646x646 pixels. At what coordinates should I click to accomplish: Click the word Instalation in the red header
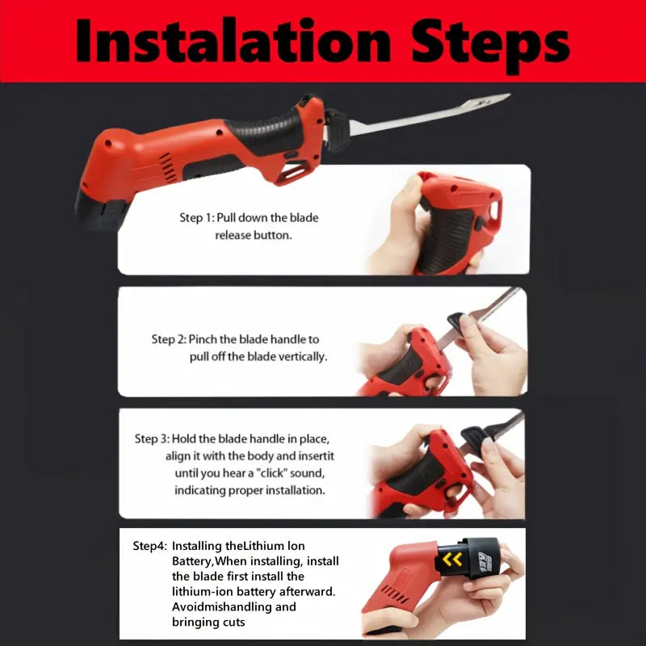pyautogui.click(x=233, y=41)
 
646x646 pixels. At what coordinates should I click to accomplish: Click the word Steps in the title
pyautogui.click(x=490, y=45)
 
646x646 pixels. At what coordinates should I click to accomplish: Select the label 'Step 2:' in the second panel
pyautogui.click(x=169, y=339)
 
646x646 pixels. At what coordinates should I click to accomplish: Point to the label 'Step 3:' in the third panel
pyautogui.click(x=152, y=438)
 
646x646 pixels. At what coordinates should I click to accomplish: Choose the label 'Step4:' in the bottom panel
pyautogui.click(x=150, y=547)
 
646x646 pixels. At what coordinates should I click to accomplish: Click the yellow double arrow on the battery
pyautogui.click(x=452, y=560)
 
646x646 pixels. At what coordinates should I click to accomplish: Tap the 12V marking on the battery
pyautogui.click(x=485, y=561)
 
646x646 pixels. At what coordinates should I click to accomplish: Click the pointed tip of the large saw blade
pyautogui.click(x=510, y=95)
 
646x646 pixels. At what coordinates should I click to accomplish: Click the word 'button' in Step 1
pyautogui.click(x=272, y=235)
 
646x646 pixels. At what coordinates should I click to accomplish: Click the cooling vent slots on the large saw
pyautogui.click(x=168, y=167)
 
